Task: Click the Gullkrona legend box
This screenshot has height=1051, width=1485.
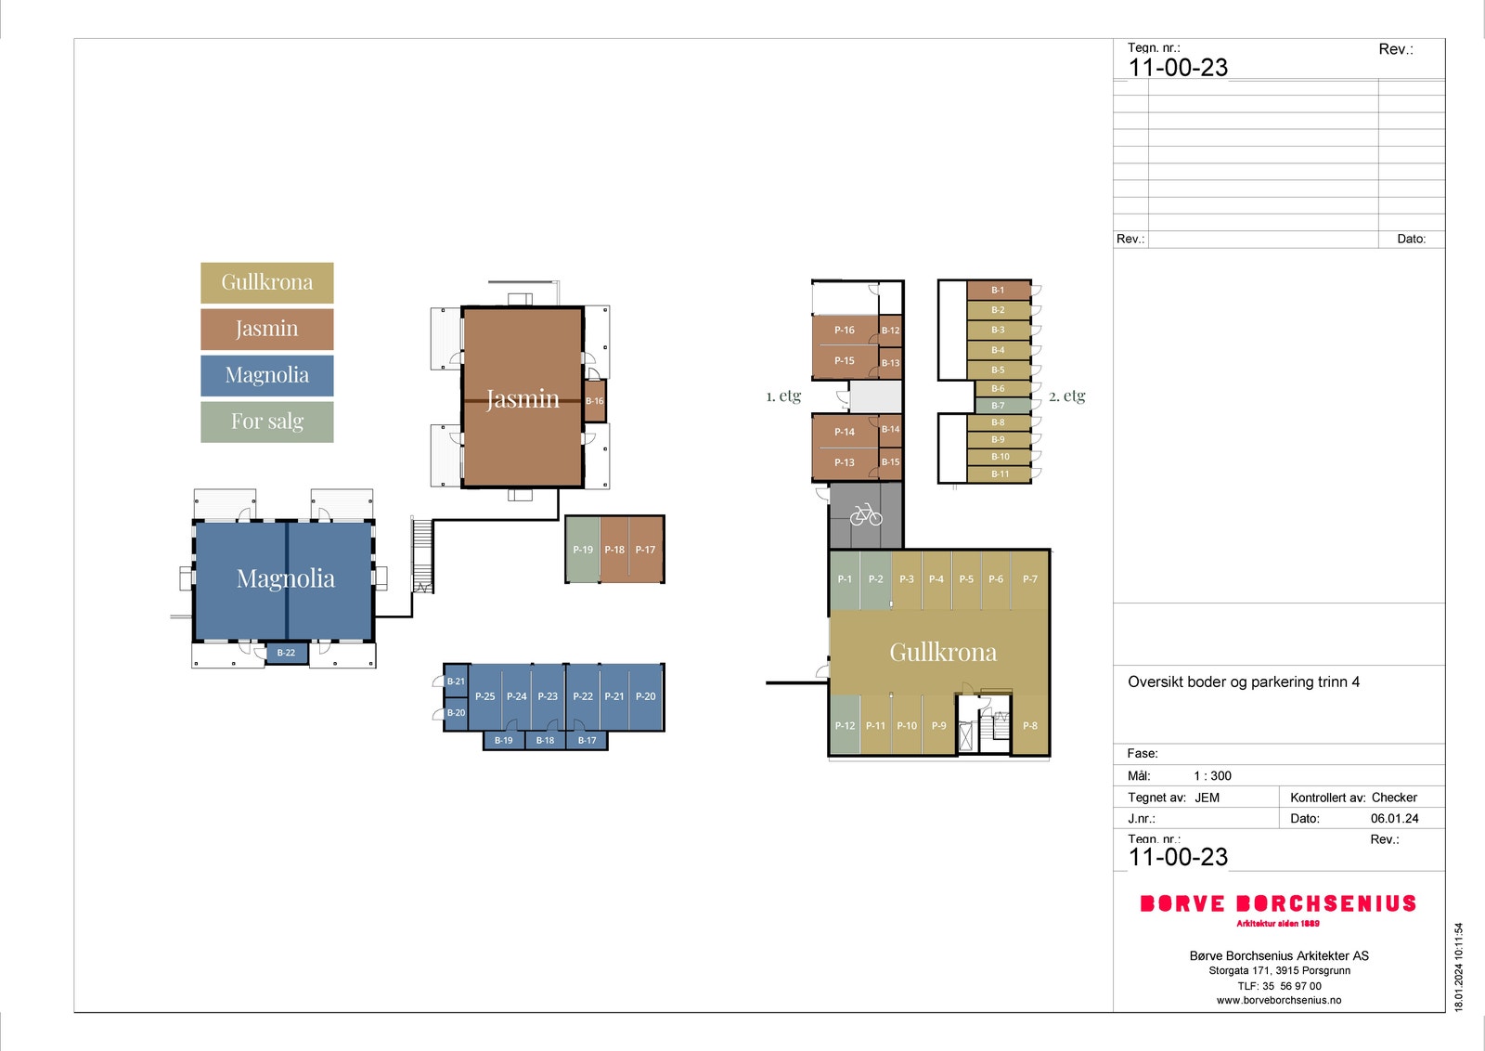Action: [x=266, y=282]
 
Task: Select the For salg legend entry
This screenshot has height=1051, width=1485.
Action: [x=266, y=422]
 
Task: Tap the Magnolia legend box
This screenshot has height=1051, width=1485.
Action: [x=266, y=375]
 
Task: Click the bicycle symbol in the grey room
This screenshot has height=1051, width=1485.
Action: [x=865, y=514]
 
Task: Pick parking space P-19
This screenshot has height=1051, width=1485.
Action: [x=582, y=550]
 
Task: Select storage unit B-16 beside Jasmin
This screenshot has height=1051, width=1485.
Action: [x=594, y=401]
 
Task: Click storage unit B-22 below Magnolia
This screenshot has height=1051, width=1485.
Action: [x=286, y=653]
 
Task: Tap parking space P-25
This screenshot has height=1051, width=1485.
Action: [x=484, y=696]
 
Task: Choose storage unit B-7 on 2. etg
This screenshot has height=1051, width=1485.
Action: [x=999, y=406]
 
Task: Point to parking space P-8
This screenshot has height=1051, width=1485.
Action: [x=1030, y=725]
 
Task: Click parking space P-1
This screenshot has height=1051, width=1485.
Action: [x=845, y=578]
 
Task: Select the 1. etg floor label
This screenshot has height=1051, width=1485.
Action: [x=783, y=396]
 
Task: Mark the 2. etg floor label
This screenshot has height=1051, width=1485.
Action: [x=1066, y=396]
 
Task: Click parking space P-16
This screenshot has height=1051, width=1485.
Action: [x=844, y=330]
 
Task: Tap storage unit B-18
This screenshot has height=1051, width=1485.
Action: [x=545, y=740]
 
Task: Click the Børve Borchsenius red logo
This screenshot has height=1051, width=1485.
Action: [x=1278, y=904]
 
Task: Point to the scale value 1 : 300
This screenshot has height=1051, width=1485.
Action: [x=1212, y=776]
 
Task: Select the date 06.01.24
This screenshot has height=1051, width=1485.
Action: [x=1394, y=819]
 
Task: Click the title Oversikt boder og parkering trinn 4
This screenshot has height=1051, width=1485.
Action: [x=1243, y=682]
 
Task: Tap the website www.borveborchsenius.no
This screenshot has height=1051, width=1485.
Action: [x=1278, y=1001]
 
